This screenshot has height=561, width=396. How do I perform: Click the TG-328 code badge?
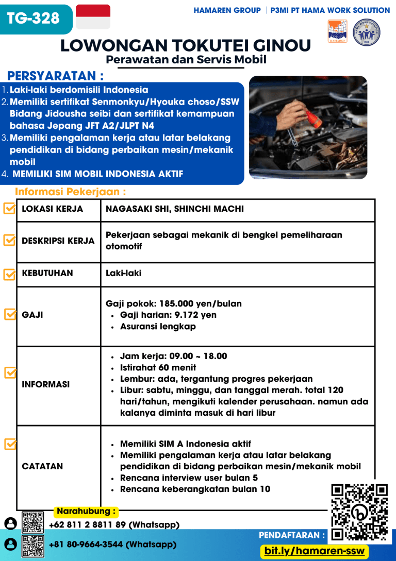tap(34, 19)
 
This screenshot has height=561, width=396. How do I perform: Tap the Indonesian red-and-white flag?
tap(93, 17)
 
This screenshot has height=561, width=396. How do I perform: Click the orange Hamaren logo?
tap(337, 31)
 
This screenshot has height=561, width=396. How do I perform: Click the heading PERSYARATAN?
tap(56, 76)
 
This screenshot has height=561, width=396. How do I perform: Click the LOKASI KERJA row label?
tap(53, 209)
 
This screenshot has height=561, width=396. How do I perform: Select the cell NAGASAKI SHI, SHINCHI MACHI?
tap(175, 209)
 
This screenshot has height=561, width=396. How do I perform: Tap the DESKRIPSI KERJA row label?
tap(58, 241)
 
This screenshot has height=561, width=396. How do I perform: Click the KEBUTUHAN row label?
tap(47, 273)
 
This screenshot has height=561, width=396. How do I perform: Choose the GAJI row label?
tap(32, 315)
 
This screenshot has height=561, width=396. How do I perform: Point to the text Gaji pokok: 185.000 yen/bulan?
tap(174, 303)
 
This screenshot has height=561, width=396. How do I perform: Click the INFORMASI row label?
tap(46, 384)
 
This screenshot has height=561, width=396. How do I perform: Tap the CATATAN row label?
tap(42, 466)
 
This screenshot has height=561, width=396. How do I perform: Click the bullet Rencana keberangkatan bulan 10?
tap(195, 489)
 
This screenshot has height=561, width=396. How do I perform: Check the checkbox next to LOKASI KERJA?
tap(9, 209)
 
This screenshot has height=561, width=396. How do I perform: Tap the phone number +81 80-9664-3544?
tap(112, 544)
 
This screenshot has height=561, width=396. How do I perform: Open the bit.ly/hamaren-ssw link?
tap(314, 551)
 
